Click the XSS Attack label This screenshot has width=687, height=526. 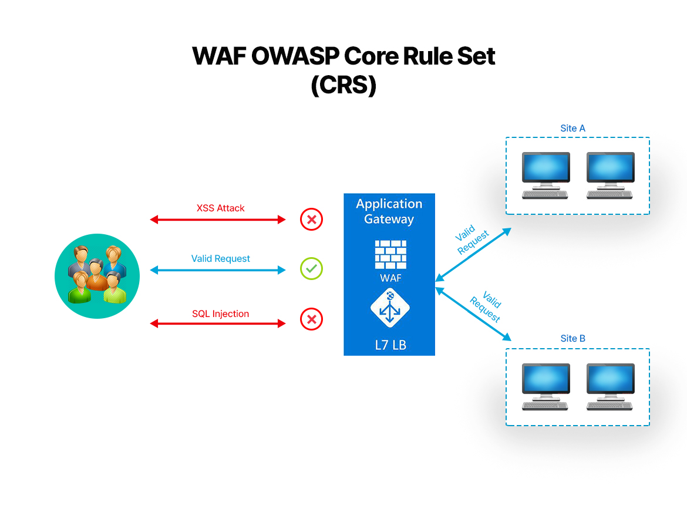(x=220, y=208)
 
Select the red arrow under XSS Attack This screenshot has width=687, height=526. (x=218, y=220)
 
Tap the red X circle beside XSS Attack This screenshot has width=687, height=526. (x=312, y=220)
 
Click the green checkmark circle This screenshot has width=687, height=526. (x=312, y=268)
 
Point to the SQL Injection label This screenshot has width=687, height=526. (x=220, y=314)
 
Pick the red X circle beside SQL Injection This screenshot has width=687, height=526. (x=312, y=319)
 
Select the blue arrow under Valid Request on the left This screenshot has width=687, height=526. (x=218, y=270)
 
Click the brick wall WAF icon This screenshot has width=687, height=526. (x=390, y=254)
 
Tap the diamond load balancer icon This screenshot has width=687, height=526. (x=390, y=308)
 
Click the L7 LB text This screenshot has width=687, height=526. (x=390, y=345)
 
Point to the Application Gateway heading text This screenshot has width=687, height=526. (x=389, y=211)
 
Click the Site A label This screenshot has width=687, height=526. (x=572, y=129)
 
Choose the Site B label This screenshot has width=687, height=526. (x=572, y=339)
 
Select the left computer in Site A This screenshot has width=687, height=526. (x=545, y=176)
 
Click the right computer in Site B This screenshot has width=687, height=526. (x=610, y=387)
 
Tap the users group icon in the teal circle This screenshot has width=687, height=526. (x=97, y=276)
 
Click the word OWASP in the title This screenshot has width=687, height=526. (x=295, y=56)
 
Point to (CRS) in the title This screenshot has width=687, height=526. (x=343, y=85)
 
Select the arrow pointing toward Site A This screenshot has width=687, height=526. (x=473, y=255)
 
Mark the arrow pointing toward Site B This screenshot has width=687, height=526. (x=473, y=314)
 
